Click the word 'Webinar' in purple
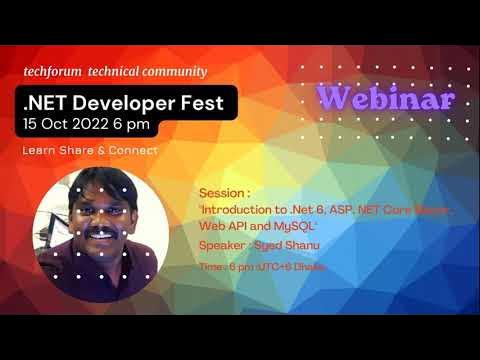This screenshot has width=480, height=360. (x=386, y=98)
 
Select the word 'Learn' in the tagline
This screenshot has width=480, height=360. (x=40, y=151)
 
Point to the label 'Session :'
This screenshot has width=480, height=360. (x=220, y=191)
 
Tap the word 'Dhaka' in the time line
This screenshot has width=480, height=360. (x=309, y=268)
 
